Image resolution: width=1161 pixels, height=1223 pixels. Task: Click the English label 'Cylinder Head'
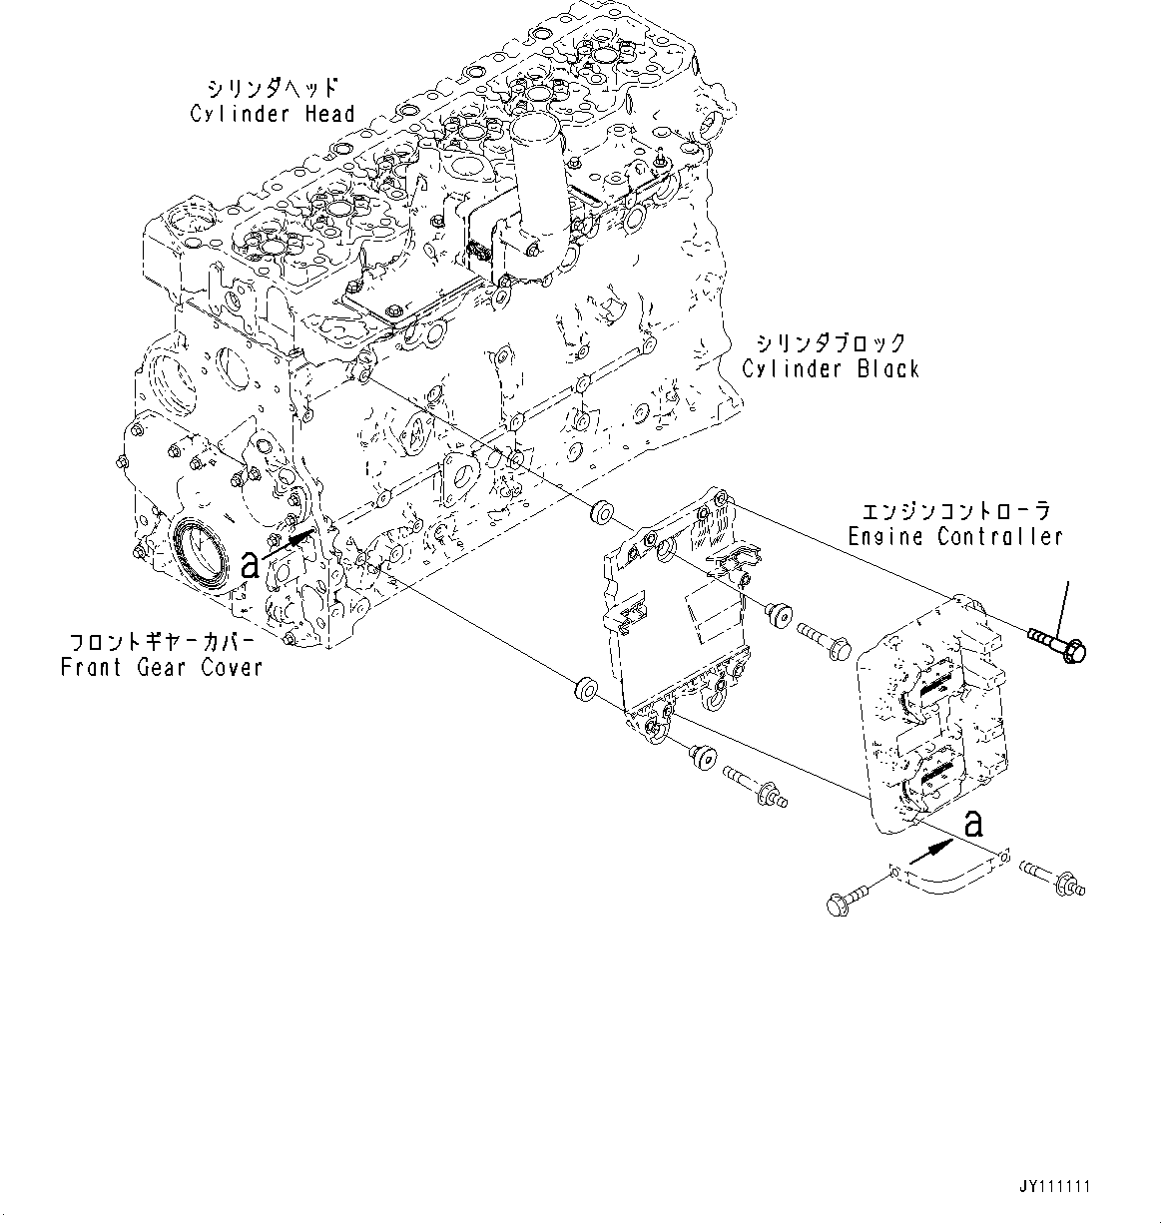coord(273,114)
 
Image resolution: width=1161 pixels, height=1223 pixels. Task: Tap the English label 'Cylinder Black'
coord(831,369)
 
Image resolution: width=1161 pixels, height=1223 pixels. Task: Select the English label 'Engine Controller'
coord(955,537)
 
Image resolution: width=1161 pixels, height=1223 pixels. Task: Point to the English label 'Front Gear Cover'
coord(162,668)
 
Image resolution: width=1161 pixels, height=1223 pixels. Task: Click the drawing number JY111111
coord(1055,1187)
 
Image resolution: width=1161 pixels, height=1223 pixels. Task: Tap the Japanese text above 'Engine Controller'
coord(955,511)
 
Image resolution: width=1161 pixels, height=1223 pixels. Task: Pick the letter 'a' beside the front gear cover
coord(251,566)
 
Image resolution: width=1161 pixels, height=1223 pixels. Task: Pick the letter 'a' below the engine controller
coord(973,824)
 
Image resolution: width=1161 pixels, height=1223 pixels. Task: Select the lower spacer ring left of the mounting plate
coord(585,689)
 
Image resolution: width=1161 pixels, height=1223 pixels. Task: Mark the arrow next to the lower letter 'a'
coord(927,851)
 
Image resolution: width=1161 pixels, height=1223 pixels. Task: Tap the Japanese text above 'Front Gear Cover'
coord(162,641)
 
